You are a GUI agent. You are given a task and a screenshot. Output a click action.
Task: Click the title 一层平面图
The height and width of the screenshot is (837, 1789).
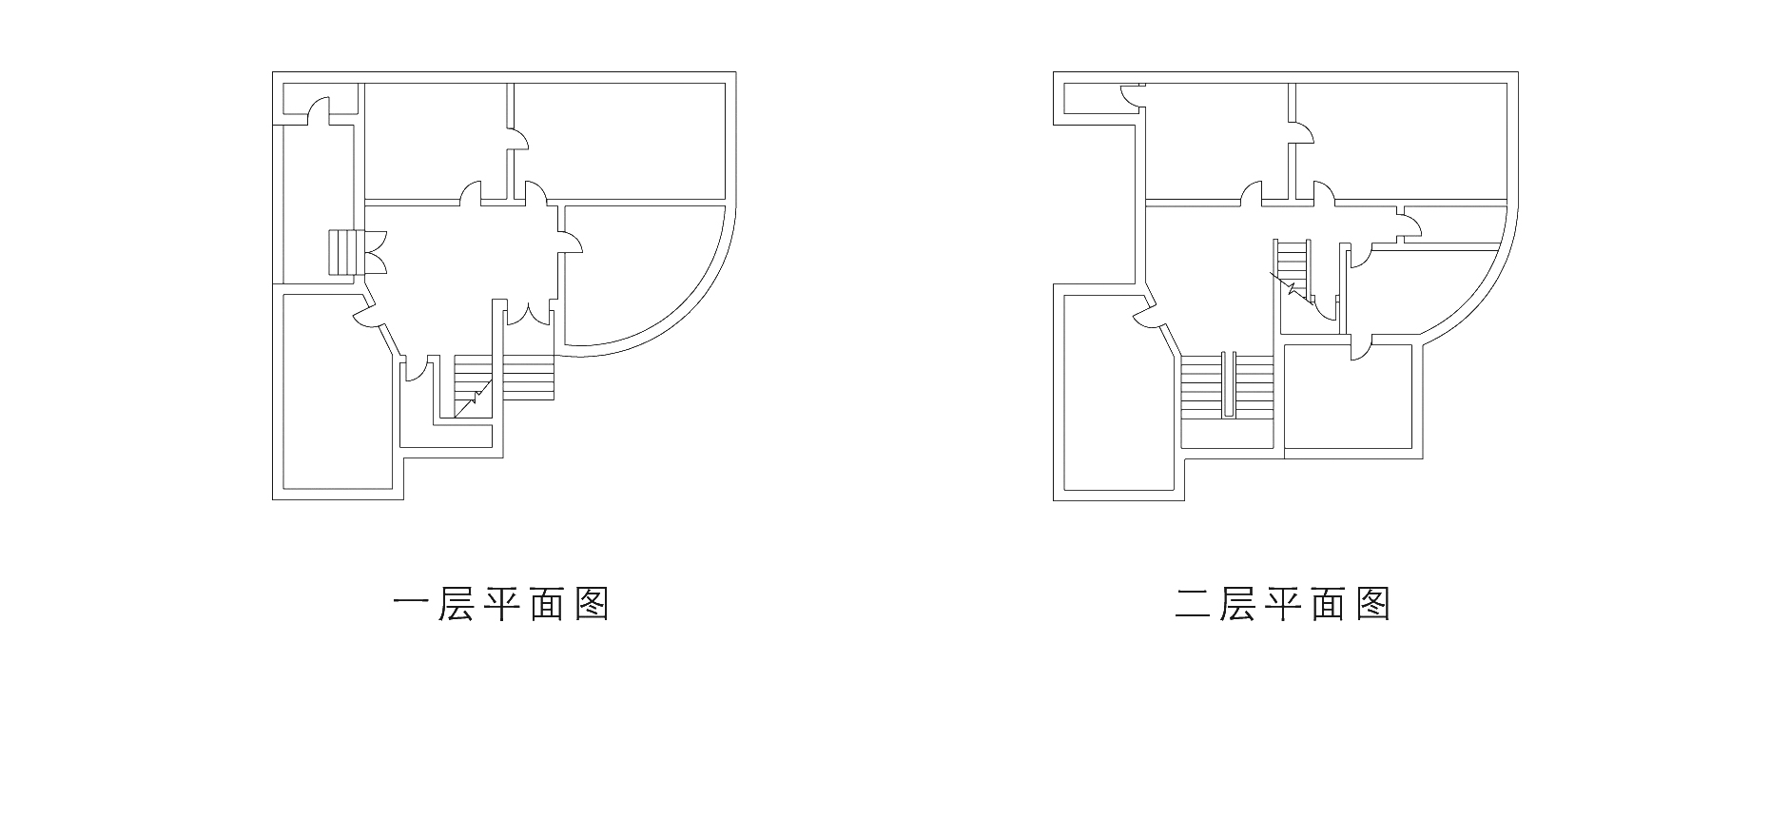[x=500, y=604]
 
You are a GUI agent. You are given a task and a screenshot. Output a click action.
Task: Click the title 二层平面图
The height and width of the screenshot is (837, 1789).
[x=1282, y=604]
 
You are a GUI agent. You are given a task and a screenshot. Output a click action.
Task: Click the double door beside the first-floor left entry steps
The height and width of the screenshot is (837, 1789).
[x=375, y=252]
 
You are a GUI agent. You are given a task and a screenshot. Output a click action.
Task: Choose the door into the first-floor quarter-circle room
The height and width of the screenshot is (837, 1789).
[x=572, y=243]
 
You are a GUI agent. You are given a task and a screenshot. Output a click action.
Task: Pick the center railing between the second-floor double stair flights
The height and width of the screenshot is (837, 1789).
[x=1228, y=385]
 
